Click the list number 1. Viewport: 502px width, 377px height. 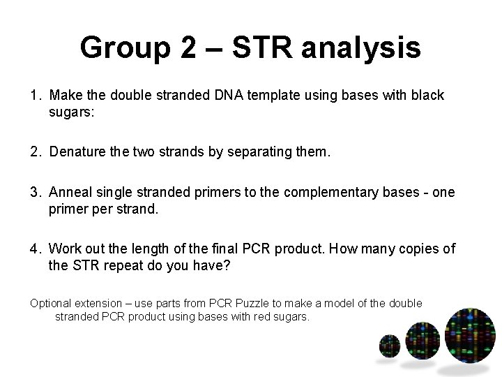34,95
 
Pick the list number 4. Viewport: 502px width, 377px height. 34,249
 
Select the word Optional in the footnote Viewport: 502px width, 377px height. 51,303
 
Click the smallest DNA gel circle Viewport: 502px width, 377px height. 388,345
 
